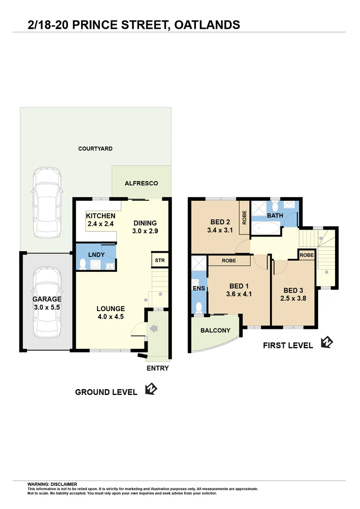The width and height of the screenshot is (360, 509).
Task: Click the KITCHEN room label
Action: pos(100,216)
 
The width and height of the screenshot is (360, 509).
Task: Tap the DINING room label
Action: pos(145,223)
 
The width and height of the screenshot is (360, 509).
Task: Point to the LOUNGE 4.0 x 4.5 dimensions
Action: pos(111,317)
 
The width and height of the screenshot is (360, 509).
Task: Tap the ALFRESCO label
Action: pos(141,183)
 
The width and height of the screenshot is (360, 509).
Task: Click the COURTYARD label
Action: pos(95,148)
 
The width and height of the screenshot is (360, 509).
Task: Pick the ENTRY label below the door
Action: pos(157,368)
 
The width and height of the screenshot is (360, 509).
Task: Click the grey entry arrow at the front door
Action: pos(154,328)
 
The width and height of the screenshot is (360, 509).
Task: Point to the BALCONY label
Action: pos(215,330)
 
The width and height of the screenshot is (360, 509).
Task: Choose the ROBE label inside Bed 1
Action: pos(229,260)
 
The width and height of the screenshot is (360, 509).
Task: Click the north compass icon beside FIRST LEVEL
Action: pos(326,342)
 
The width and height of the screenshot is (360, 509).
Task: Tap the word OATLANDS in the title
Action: pos(207,25)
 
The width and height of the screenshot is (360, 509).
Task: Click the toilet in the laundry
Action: pos(83,264)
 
